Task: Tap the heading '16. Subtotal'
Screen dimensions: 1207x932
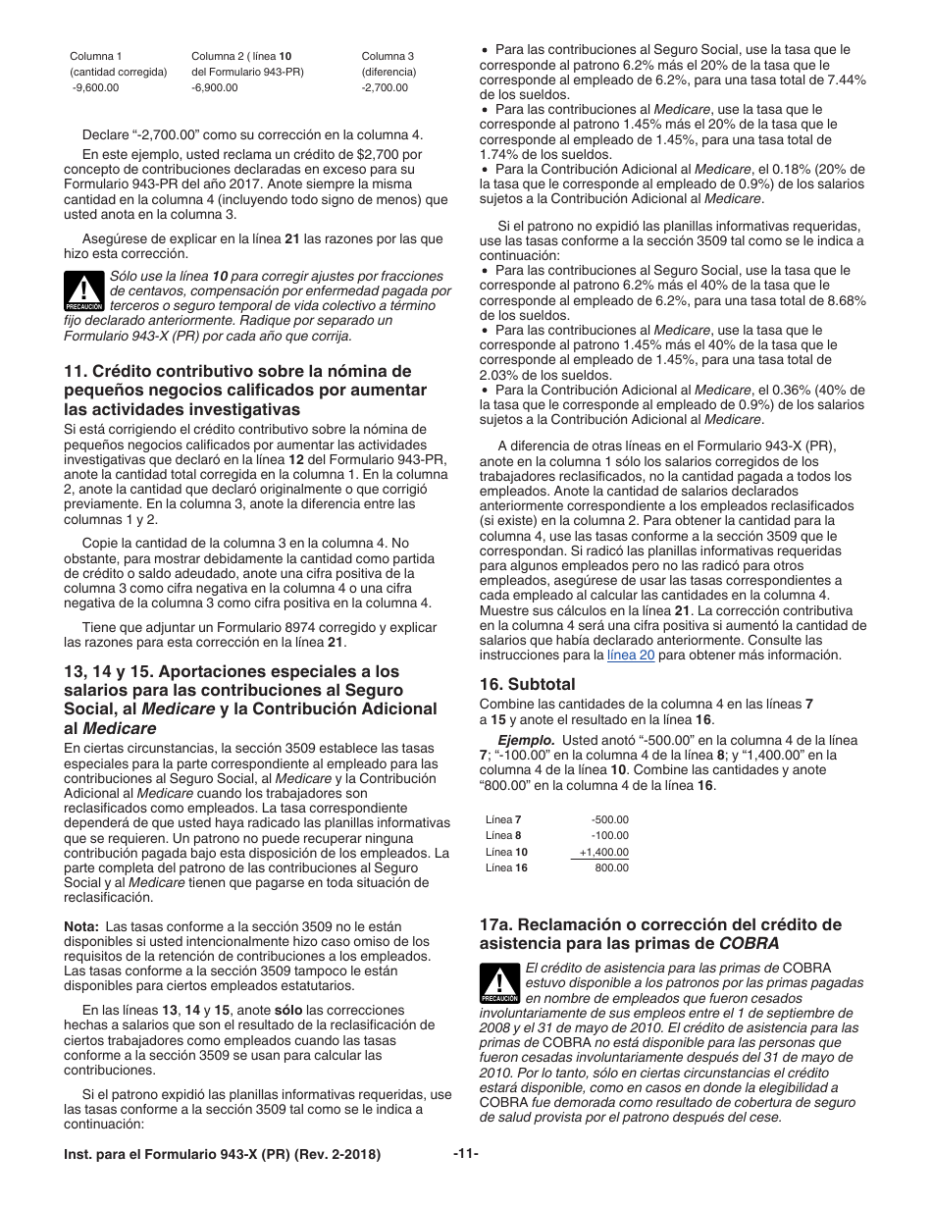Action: coord(527,684)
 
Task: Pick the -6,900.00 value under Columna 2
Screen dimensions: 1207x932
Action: coord(215,88)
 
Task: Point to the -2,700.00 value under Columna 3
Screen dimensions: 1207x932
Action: coord(385,88)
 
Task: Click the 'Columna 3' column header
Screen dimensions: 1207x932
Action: coord(388,56)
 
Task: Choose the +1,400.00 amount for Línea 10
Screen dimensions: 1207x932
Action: coord(604,852)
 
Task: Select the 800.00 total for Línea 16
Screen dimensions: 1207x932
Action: coord(612,867)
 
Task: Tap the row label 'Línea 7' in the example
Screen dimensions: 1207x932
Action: coord(503,819)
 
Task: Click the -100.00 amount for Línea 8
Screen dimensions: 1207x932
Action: coord(610,835)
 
